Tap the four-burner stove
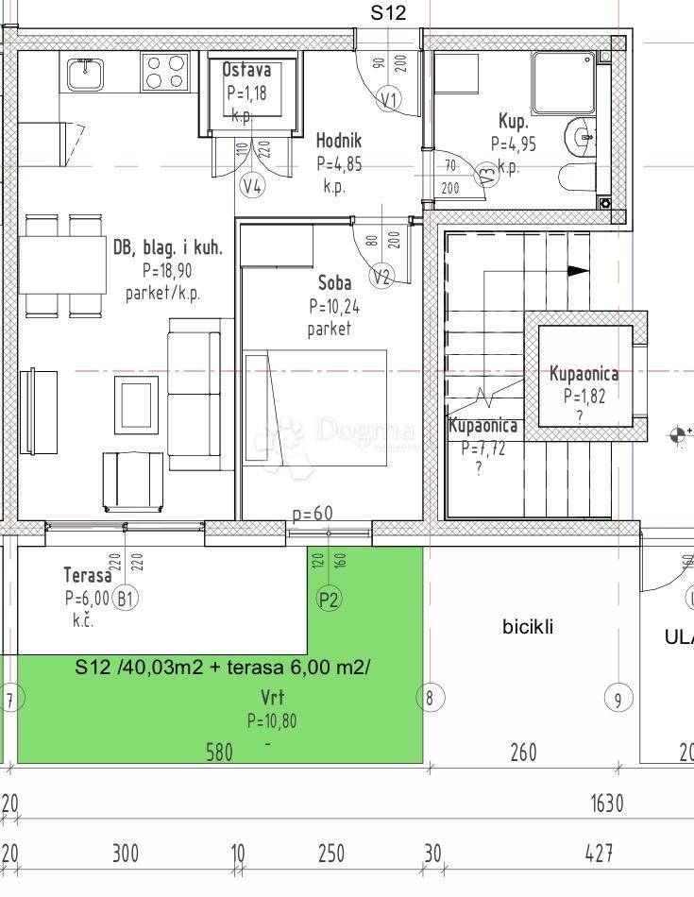[166, 71]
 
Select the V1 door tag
[389, 99]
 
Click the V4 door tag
[252, 186]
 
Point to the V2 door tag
[381, 277]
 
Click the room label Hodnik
[338, 141]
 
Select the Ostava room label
[246, 70]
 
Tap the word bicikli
[528, 626]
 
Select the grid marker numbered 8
[430, 698]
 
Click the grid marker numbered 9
[618, 699]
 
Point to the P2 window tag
[329, 598]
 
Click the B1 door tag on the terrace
[126, 597]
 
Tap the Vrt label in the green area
[273, 699]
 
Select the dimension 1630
[607, 804]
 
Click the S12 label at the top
[387, 12]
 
